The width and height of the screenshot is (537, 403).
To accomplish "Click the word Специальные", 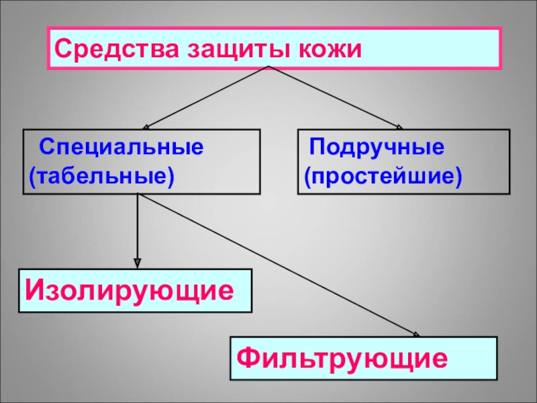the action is click(121, 146).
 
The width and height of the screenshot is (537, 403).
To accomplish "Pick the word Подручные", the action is click(377, 146).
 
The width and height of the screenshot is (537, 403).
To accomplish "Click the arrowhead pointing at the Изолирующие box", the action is click(138, 263).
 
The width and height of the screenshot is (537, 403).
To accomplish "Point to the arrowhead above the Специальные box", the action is click(146, 125).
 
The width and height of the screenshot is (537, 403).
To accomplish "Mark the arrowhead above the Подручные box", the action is click(399, 126).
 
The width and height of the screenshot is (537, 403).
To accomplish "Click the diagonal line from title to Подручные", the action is click(336, 97).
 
